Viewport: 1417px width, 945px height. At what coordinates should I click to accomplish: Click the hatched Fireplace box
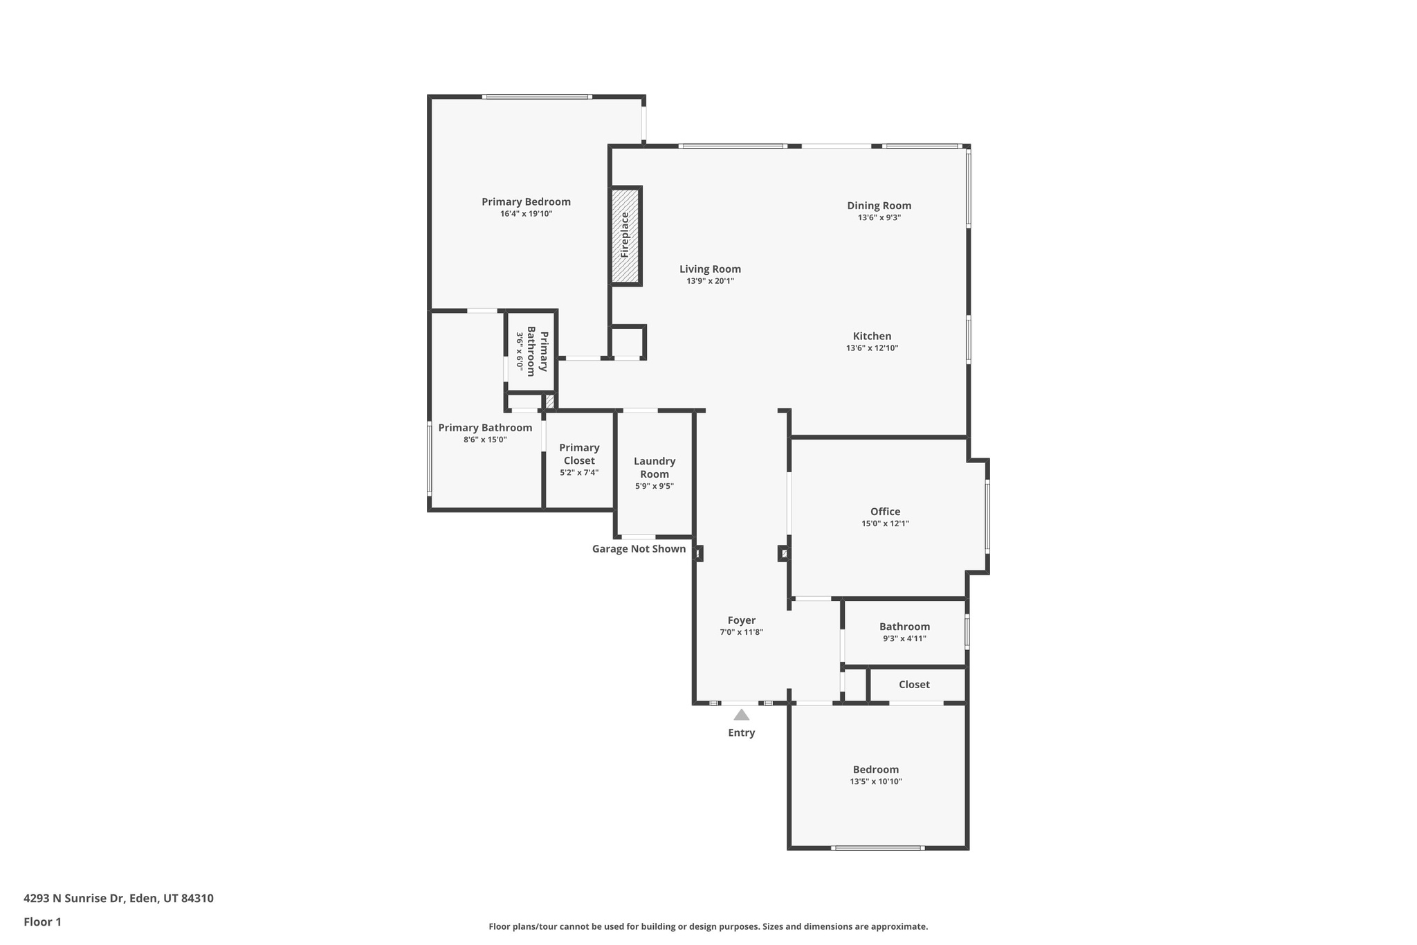pos(625,235)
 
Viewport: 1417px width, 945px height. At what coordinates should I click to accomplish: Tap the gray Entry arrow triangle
pos(741,715)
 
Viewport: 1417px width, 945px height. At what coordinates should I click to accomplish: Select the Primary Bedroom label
pos(526,202)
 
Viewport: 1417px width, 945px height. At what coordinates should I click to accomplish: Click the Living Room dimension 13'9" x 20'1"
pos(710,281)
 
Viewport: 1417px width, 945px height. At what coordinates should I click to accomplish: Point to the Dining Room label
pos(879,206)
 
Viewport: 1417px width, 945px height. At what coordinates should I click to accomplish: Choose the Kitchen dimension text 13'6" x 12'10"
pos(872,348)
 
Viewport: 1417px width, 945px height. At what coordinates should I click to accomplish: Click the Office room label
pos(885,512)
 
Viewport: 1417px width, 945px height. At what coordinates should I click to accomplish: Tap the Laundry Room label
pos(654,467)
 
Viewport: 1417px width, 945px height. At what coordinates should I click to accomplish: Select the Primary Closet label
pos(579,454)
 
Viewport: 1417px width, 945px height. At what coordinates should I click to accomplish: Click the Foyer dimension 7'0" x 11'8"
pos(741,632)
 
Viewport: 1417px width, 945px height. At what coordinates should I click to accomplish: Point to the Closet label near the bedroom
pos(914,685)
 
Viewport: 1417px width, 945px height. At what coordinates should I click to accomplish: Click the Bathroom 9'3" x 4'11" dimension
pos(904,639)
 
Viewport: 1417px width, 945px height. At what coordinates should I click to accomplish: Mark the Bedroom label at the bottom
pos(875,770)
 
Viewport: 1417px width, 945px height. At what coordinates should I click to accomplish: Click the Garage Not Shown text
pos(639,549)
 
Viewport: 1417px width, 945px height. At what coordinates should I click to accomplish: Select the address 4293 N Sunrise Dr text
pos(118,899)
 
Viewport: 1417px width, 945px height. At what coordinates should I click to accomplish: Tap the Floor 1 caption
pos(42,922)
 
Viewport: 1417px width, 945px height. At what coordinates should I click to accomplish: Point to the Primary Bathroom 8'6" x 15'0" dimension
pos(485,440)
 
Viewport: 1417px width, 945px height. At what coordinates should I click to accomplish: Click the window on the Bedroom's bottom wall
pos(877,848)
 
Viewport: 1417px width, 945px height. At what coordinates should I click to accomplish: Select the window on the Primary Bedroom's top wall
pos(537,97)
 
